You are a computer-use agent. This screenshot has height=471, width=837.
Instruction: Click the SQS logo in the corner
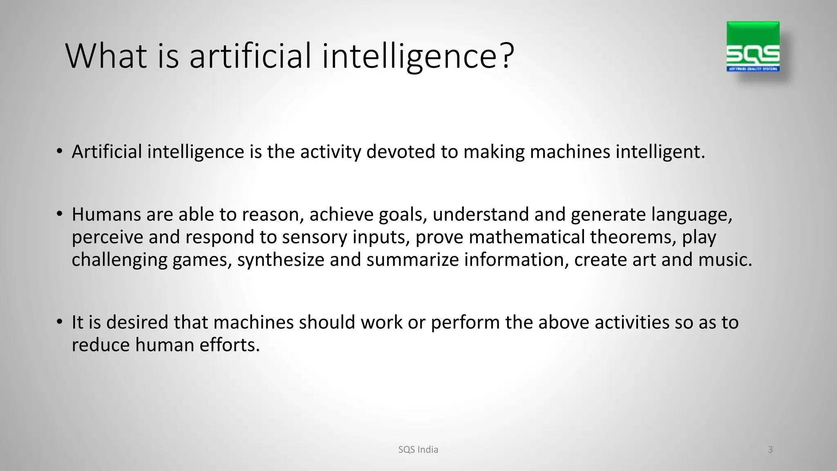pyautogui.click(x=753, y=47)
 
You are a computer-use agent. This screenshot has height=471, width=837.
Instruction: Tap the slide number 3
pyautogui.click(x=770, y=450)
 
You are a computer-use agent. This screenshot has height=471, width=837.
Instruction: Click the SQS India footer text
pyautogui.click(x=418, y=450)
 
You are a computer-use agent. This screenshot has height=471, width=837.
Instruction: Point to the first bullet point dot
pyautogui.click(x=60, y=152)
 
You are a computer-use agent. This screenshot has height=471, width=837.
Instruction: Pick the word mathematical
pyautogui.click(x=527, y=237)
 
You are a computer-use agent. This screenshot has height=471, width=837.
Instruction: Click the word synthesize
pyautogui.click(x=281, y=260)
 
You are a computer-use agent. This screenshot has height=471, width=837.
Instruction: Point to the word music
pyautogui.click(x=725, y=260)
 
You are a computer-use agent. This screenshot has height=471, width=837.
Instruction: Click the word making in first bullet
pyautogui.click(x=494, y=152)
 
